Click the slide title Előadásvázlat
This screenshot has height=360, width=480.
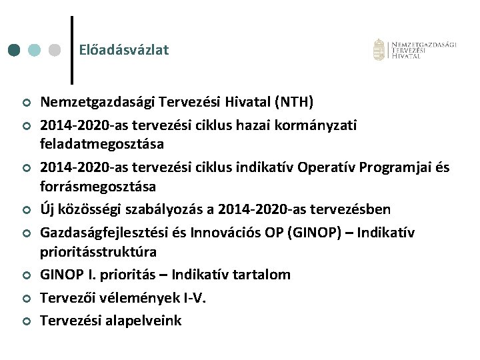123,50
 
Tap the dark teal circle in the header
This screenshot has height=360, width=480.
15,51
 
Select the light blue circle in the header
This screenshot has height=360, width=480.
35,51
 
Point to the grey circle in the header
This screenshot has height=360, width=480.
55,51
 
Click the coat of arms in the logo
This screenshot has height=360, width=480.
379,49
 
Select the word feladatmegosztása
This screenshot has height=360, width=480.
102,143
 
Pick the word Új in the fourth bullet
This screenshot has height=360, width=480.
48,209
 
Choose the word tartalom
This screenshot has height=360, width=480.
264,275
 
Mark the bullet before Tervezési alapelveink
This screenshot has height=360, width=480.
26,321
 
